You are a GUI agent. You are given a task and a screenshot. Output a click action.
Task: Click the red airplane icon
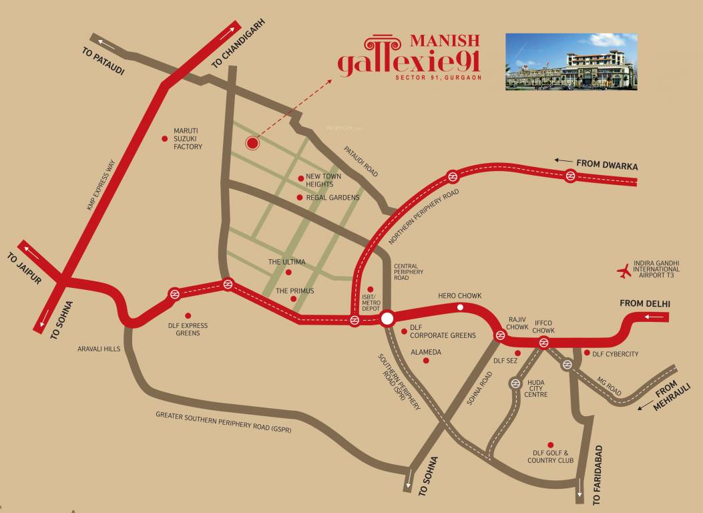pyautogui.click(x=624, y=271)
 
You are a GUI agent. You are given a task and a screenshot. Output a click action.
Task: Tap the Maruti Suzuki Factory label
pyautogui.click(x=188, y=138)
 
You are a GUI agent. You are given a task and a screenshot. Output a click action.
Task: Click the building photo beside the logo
pyautogui.click(x=571, y=61)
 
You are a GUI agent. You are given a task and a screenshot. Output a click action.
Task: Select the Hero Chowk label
pyautogui.click(x=459, y=295)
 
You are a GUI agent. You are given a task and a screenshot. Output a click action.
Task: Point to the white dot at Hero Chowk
pyautogui.click(x=460, y=307)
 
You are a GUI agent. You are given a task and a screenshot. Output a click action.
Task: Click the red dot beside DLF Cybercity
pyautogui.click(x=587, y=353)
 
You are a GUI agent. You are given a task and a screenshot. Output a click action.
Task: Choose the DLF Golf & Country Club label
pyautogui.click(x=550, y=457)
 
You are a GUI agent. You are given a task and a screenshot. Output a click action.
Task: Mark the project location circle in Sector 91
pyautogui.click(x=252, y=142)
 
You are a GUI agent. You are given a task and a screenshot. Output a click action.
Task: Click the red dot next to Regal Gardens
pyautogui.click(x=300, y=198)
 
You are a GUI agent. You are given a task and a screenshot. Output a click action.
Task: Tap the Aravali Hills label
pyautogui.click(x=98, y=349)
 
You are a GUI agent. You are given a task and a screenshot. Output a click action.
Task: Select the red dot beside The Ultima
pyautogui.click(x=288, y=273)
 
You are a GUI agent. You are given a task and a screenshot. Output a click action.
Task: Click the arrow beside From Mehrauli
pyautogui.click(x=645, y=405)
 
